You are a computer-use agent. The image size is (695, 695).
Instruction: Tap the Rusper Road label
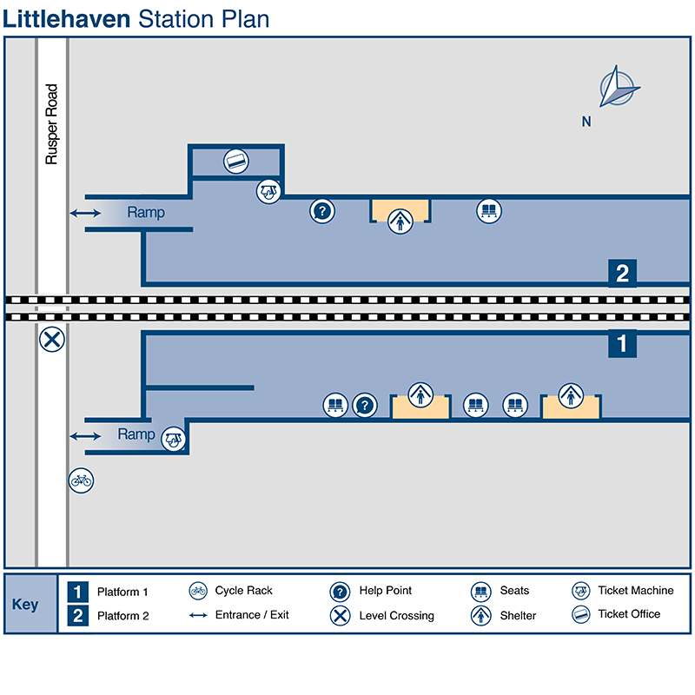51,124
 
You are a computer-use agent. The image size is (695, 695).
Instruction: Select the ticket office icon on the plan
236,160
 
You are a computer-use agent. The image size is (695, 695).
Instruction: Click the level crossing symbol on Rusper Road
52,340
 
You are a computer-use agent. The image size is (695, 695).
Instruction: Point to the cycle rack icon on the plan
81,480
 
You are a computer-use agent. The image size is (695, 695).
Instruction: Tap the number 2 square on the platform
622,273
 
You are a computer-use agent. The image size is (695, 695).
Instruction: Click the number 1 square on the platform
622,343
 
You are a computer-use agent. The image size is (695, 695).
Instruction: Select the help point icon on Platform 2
322,210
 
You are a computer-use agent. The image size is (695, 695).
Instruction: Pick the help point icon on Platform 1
366,405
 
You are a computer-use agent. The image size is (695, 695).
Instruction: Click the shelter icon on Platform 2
400,222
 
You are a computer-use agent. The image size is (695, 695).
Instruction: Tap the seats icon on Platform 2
488,210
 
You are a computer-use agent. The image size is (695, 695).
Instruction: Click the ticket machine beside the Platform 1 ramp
175,439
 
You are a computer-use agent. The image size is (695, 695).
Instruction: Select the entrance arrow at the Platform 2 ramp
85,213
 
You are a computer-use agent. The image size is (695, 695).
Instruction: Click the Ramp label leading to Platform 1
136,434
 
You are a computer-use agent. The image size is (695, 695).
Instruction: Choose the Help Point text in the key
385,591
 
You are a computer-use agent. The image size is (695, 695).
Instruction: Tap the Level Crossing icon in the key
340,616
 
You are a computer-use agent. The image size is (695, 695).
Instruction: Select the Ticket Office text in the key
629,614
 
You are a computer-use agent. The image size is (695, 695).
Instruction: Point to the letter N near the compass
586,122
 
